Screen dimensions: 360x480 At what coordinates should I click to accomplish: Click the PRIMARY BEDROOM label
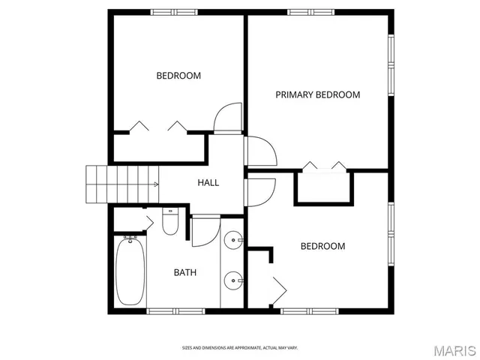tap(317, 94)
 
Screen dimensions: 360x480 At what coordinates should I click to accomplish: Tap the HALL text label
tap(208, 182)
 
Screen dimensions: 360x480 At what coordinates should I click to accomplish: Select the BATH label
tap(185, 272)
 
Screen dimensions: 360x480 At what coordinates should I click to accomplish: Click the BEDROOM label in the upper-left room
tap(178, 75)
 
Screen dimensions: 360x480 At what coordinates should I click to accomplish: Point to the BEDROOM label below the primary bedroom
tap(322, 246)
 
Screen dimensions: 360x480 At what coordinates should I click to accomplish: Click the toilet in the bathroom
tap(170, 223)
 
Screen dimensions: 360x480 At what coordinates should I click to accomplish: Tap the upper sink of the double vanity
tap(233, 242)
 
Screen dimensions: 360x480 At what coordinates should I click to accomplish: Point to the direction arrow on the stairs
tap(155, 184)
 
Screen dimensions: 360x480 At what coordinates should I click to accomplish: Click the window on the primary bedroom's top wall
tap(312, 12)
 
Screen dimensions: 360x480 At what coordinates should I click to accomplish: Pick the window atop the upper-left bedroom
tap(173, 12)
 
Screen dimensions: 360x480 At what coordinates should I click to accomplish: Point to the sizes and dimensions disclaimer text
tap(240, 347)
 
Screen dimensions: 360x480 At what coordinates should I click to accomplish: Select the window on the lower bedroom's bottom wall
tap(308, 310)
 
